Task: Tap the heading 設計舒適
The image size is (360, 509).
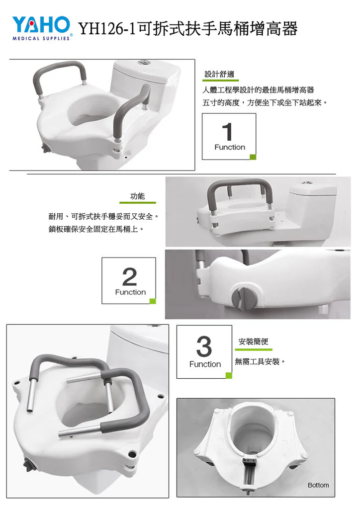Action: click(x=219, y=74)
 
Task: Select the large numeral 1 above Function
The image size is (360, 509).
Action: click(x=228, y=131)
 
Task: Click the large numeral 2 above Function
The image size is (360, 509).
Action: click(x=129, y=276)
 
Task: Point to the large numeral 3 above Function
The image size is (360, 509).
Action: click(x=204, y=346)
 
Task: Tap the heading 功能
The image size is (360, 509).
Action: click(x=137, y=196)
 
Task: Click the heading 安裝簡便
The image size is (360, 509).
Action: click(x=253, y=341)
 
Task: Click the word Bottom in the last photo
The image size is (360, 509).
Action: click(x=318, y=485)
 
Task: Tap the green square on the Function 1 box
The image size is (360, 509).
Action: click(x=253, y=157)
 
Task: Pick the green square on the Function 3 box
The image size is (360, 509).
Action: click(x=229, y=376)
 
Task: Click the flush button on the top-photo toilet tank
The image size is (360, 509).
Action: click(x=143, y=62)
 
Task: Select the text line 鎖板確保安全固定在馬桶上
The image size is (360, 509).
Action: click(x=96, y=229)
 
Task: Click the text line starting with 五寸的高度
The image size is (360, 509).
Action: click(x=265, y=103)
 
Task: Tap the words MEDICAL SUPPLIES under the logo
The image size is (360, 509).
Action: click(x=41, y=38)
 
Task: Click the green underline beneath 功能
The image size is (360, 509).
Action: click(x=138, y=203)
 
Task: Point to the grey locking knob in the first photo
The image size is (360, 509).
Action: click(x=44, y=149)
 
